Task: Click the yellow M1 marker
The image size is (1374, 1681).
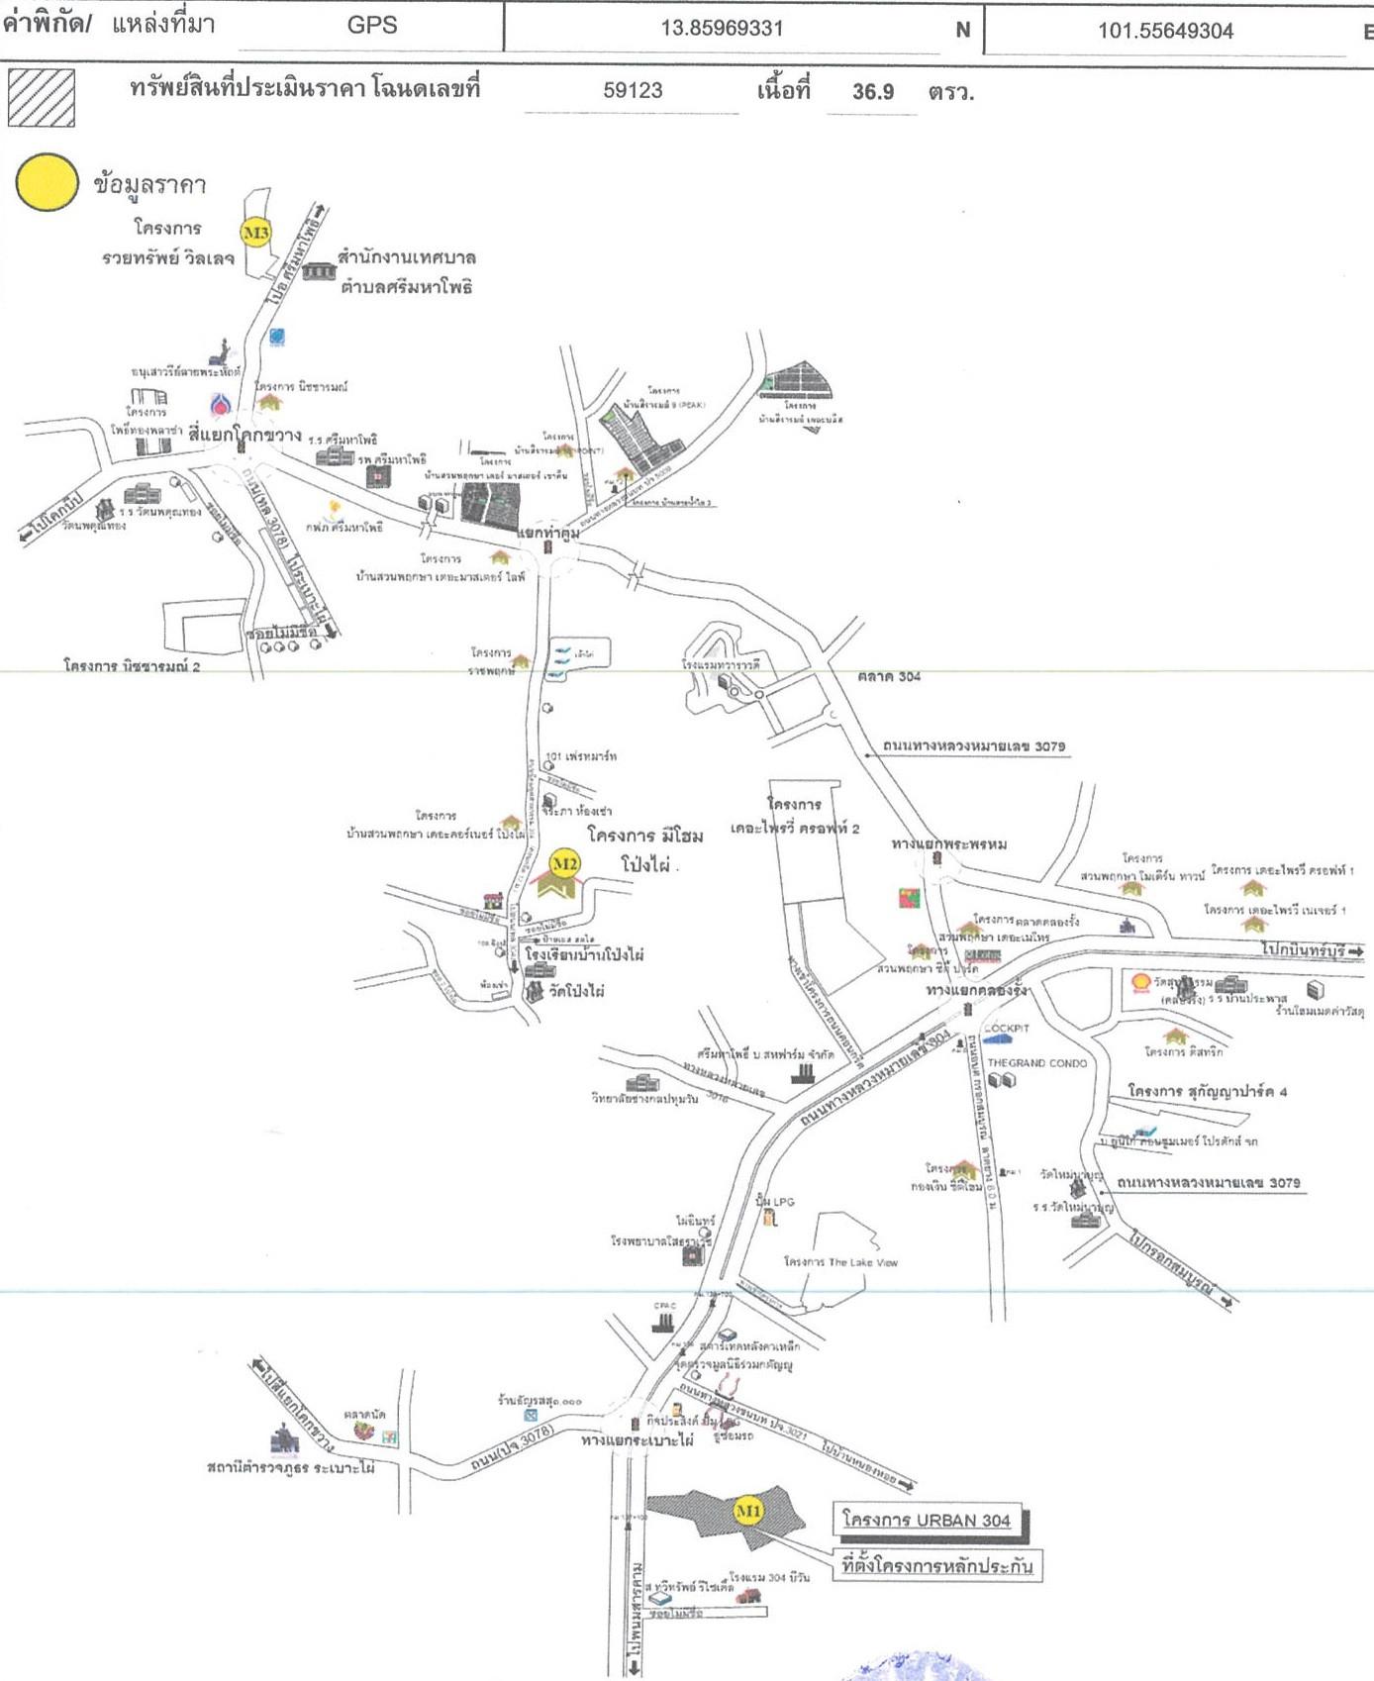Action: point(748,1511)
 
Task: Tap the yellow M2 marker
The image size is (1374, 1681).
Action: point(564,863)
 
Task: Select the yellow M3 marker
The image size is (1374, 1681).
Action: point(256,234)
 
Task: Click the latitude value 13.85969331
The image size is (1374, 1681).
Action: point(722,29)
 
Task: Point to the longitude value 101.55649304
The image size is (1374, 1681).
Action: point(1165,31)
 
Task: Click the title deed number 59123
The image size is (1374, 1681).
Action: point(633,91)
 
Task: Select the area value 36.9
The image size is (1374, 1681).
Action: point(873,92)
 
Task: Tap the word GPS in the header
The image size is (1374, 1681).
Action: point(372,26)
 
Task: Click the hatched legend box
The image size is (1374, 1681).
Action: point(42,98)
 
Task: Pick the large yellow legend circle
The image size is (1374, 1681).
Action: point(47,183)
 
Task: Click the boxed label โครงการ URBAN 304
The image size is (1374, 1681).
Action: point(927,1520)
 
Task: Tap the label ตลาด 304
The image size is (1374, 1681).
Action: point(889,677)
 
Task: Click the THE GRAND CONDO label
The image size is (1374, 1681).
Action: point(1036,1063)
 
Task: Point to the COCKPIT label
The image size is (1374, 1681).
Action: point(1008,1029)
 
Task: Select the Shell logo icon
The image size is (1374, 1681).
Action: point(1140,983)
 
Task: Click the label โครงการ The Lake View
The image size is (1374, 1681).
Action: point(840,1262)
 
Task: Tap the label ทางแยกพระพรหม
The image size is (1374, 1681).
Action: point(949,843)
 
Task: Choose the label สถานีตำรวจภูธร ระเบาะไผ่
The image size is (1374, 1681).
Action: point(291,1467)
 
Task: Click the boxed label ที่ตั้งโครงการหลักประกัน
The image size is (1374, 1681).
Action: point(936,1566)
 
